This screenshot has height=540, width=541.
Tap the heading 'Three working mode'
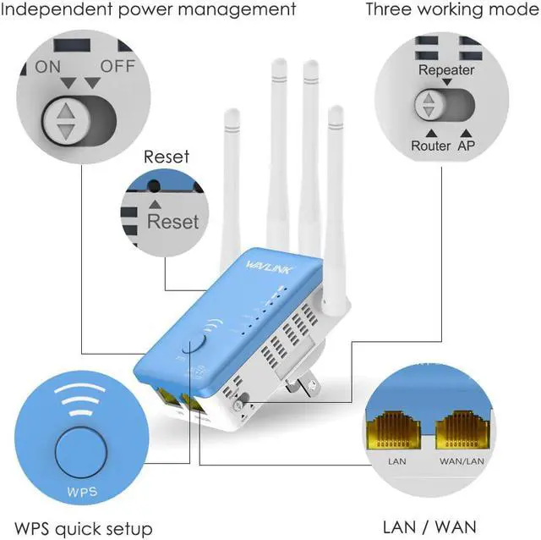pyautogui.click(x=451, y=10)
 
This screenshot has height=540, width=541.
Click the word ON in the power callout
pyautogui.click(x=48, y=67)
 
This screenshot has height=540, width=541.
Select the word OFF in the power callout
pyautogui.click(x=117, y=67)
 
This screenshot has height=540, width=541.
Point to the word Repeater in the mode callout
pyautogui.click(x=446, y=70)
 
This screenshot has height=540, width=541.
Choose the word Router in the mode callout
pyautogui.click(x=430, y=146)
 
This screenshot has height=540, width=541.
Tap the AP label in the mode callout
pyautogui.click(x=467, y=146)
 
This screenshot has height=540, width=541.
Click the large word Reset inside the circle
pyautogui.click(x=172, y=222)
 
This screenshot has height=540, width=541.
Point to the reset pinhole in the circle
pyautogui.click(x=154, y=185)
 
